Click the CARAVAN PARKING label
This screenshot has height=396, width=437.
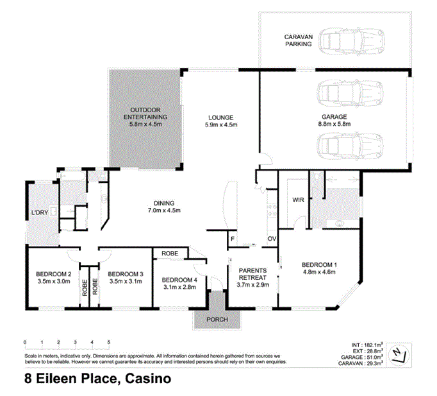(298, 41)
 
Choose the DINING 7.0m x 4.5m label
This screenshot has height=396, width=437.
(165, 206)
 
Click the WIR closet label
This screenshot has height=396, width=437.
(297, 200)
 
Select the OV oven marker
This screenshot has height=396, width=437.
(271, 239)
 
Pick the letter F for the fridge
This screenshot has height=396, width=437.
(232, 239)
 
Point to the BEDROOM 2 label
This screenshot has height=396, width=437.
(53, 277)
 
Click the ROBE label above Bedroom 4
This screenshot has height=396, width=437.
(170, 253)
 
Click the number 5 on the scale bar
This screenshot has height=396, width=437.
(109, 342)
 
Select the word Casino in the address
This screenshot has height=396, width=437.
(147, 379)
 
